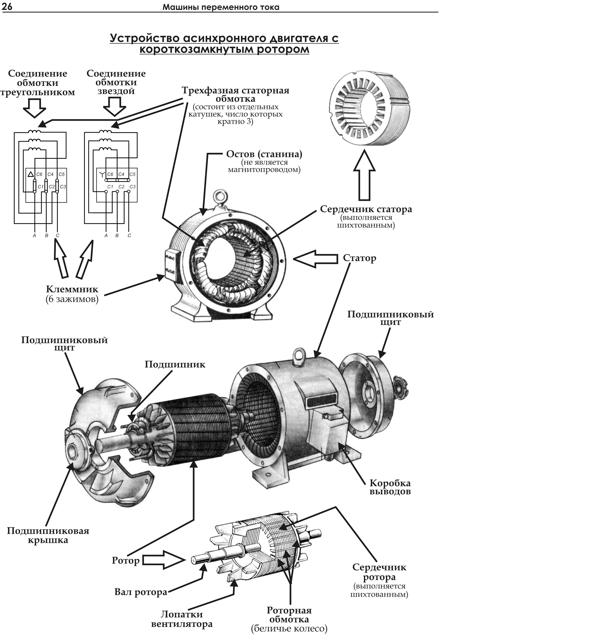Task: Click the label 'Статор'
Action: coord(360,258)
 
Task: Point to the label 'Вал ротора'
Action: coord(141,592)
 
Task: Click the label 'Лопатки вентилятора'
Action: coord(182,619)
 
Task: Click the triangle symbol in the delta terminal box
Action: coord(31,175)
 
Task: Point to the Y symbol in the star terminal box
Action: coord(102,175)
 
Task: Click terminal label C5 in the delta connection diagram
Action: coord(62,174)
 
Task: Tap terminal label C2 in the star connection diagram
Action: coord(121,187)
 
